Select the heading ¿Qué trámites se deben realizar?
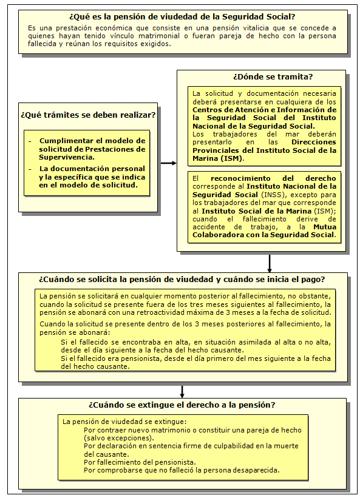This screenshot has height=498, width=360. point(87,115)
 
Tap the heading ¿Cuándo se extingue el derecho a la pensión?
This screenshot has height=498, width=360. point(182,405)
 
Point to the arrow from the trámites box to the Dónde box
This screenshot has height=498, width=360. point(168,163)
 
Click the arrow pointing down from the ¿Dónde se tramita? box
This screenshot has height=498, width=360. point(269,262)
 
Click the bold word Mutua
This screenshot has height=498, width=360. point(325,226)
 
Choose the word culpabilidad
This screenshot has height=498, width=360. point(216,446)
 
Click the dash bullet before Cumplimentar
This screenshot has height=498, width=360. point(30,141)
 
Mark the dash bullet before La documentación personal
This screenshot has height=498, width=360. point(30,169)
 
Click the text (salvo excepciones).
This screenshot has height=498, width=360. point(114,437)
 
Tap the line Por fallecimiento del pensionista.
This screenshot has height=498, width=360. point(131,462)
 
